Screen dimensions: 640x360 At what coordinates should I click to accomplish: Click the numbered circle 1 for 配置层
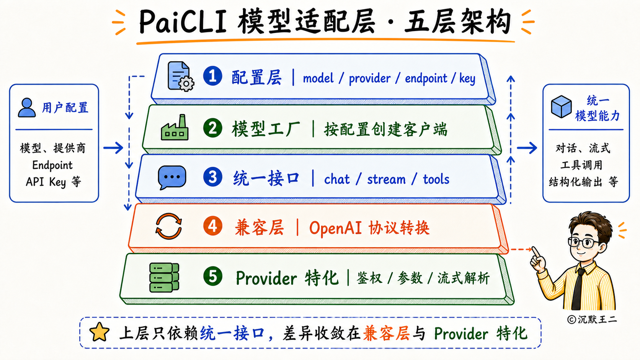(212, 76)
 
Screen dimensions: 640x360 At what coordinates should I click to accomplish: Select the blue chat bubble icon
(172, 177)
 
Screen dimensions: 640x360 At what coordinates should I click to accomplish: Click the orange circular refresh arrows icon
(168, 226)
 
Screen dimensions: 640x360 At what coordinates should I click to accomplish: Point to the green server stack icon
(164, 277)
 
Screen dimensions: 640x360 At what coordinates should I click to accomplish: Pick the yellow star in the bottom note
(99, 332)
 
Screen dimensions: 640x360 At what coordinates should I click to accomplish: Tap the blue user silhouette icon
(27, 108)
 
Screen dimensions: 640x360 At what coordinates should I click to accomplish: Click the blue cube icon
(561, 107)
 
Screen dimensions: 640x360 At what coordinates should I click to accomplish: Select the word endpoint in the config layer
(426, 78)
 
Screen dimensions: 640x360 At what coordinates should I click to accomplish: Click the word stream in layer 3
(386, 179)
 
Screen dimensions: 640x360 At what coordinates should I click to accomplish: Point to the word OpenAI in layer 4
(335, 228)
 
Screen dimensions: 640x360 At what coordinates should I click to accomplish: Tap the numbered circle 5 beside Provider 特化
(213, 276)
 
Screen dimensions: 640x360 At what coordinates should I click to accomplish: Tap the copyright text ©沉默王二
(592, 319)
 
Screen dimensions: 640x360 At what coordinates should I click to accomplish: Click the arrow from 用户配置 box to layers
(113, 148)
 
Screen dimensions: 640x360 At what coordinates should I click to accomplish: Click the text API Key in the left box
(46, 182)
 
